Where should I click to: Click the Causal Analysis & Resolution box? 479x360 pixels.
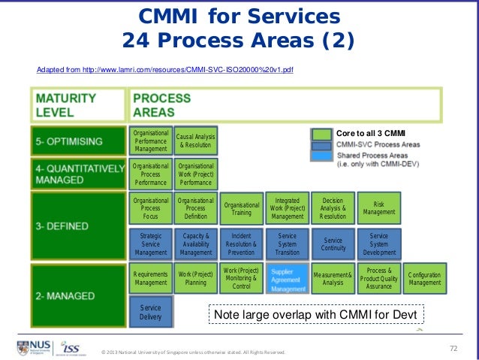coord(196,140)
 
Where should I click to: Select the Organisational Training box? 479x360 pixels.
coord(242,209)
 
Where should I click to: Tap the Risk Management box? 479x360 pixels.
coord(379,207)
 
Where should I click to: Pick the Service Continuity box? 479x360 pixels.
coord(333,244)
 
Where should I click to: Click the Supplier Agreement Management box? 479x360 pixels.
coord(288,279)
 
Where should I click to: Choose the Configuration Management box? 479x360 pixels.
coord(425,278)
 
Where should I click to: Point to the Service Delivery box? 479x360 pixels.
coord(150,313)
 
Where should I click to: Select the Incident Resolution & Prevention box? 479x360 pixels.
coord(242,244)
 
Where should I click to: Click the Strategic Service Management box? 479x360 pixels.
coord(150,244)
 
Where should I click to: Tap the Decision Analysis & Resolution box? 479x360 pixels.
coord(333,208)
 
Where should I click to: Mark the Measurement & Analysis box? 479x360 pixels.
coord(333,278)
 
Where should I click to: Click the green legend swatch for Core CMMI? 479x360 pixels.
coord(321,134)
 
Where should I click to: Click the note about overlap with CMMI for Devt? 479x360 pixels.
coord(315,313)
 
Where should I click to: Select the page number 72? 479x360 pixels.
coord(453,347)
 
